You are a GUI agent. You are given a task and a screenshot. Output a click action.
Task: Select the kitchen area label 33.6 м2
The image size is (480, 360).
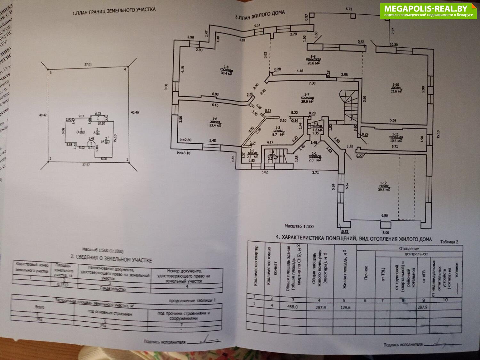tap(396, 91)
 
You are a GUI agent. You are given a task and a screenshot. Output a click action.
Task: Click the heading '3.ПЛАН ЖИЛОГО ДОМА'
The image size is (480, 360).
tap(260, 15)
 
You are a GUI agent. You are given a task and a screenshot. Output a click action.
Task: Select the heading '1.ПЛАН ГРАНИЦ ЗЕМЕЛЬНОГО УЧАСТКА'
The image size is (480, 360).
tap(114, 12)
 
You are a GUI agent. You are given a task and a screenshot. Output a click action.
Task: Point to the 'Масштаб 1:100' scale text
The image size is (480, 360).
tap(299, 226)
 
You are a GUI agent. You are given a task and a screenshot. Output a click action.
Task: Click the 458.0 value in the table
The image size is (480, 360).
tap(292, 307)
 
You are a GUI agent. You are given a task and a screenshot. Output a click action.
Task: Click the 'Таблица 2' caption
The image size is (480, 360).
tap(449, 242)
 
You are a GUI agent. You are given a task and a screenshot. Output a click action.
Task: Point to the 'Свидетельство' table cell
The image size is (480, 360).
tap(113, 289)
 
